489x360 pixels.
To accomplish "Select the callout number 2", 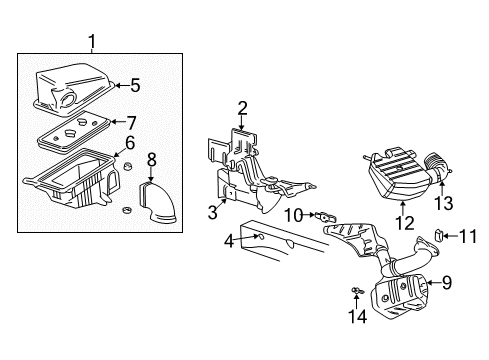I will coord(242,108).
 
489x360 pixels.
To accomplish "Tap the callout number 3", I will coord(212,212).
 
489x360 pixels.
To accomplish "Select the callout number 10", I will coord(294,214).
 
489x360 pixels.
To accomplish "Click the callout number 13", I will coord(442,204).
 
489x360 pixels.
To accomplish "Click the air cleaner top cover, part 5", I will coord(75,85).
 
